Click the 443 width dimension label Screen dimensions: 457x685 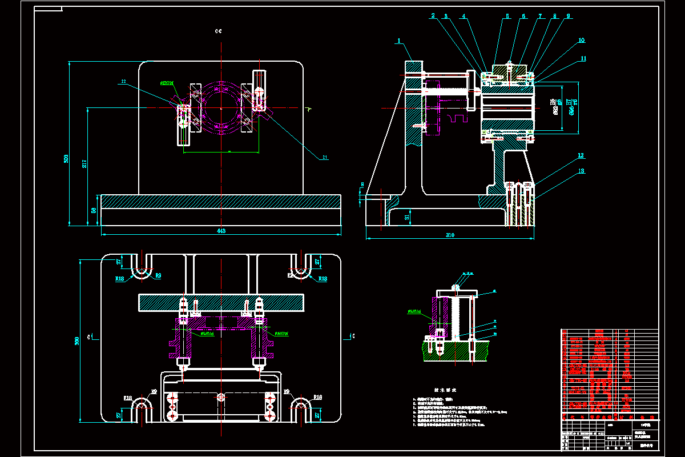tap(221, 231)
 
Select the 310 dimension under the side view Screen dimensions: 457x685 tap(450, 235)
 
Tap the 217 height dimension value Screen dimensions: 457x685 tap(84, 164)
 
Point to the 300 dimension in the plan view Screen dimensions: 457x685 tap(77, 340)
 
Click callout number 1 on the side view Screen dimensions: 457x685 tap(399, 41)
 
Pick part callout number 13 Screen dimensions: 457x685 tap(581, 171)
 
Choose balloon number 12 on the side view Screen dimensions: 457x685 tap(581, 155)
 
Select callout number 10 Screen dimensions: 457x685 tap(581, 41)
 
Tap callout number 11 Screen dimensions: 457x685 tap(583, 58)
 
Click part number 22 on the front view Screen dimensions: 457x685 tap(123, 82)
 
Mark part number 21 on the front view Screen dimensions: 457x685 tap(326, 157)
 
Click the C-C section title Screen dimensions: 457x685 tap(218, 31)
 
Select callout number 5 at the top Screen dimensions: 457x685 tap(507, 16)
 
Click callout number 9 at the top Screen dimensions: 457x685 tap(568, 16)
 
